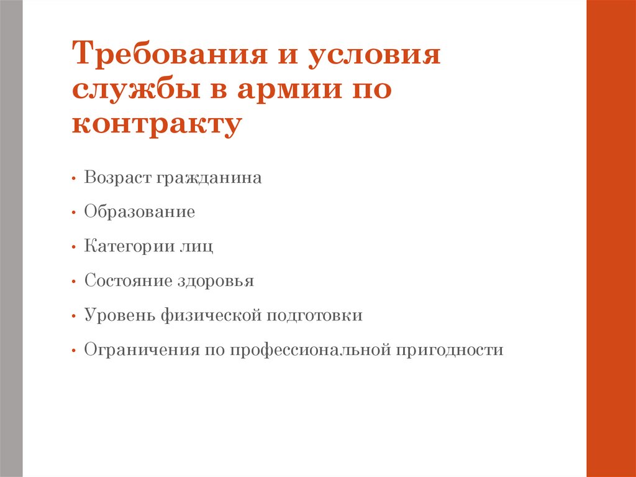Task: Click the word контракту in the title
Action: [x=156, y=124]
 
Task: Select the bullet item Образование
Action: [x=140, y=212]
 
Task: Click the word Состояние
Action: [x=129, y=280]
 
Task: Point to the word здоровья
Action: [x=216, y=281]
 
